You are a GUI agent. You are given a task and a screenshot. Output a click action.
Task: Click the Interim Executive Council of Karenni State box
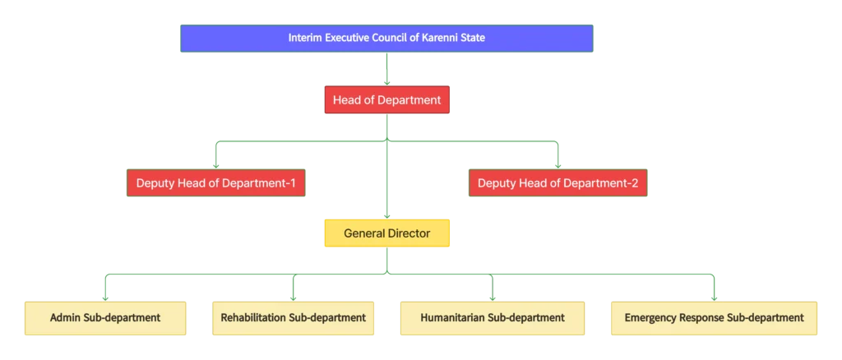386,38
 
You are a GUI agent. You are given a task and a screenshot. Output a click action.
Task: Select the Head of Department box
386,100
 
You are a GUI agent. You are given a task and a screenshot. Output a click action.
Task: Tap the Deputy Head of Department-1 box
215,182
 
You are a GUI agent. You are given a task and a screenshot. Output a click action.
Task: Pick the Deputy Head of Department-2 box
557,182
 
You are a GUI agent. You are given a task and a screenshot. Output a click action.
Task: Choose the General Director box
386,233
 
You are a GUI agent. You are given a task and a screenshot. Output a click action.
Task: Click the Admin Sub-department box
105,317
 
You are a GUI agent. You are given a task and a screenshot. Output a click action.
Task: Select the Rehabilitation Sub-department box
293,317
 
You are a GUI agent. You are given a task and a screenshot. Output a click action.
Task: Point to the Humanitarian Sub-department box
492,317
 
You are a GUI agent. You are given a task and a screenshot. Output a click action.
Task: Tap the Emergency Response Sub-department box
714,317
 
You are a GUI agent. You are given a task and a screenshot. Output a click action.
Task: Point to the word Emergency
653,317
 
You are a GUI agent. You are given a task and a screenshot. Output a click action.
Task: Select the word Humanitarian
452,317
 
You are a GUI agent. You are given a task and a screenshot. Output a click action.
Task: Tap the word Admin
65,317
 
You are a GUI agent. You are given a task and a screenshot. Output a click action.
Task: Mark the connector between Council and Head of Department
385,69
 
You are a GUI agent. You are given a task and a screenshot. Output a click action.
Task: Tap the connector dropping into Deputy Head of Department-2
557,156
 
